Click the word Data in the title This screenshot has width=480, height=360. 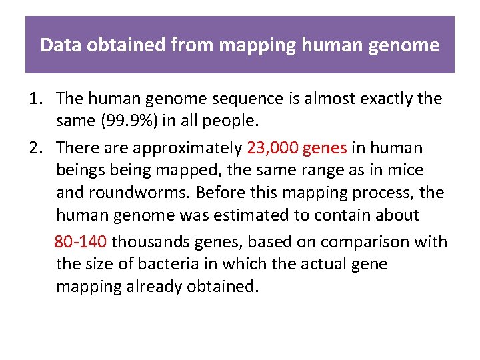56,45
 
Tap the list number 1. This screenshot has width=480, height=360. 34,99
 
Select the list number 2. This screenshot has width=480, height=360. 35,147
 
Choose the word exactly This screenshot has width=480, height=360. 380,99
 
